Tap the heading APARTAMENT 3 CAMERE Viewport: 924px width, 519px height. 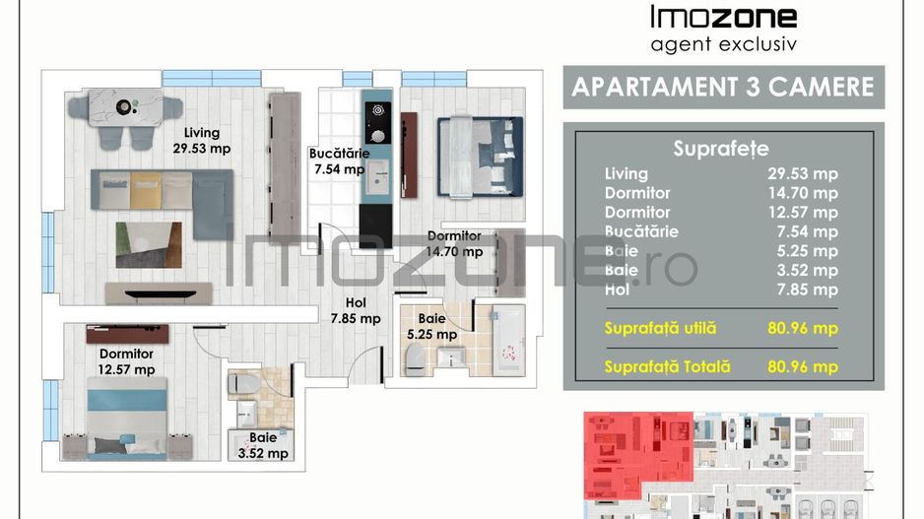pyautogui.click(x=723, y=88)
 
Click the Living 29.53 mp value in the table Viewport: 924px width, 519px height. pyautogui.click(x=803, y=173)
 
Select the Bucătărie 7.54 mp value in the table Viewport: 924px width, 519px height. pyautogui.click(x=808, y=231)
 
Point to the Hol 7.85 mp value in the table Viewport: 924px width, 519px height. pyautogui.click(x=808, y=290)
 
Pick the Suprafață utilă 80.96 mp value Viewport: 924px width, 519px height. pyautogui.click(x=803, y=328)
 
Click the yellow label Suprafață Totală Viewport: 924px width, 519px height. pyautogui.click(x=667, y=367)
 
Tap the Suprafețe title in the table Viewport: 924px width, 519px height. pyautogui.click(x=721, y=149)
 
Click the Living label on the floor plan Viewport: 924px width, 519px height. pyautogui.click(x=202, y=133)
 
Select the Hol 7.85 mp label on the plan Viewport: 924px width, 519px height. pyautogui.click(x=356, y=310)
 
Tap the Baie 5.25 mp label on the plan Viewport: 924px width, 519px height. pyautogui.click(x=431, y=326)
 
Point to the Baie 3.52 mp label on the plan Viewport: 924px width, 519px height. pyautogui.click(x=263, y=445)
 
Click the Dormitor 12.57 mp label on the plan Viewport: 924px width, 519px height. pyautogui.click(x=126, y=361)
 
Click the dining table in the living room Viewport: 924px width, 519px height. pyautogui.click(x=125, y=107)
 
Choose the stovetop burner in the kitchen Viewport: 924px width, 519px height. pyautogui.click(x=377, y=110)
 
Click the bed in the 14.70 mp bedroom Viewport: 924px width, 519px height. pyautogui.click(x=480, y=157)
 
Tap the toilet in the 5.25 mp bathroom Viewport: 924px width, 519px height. pyautogui.click(x=415, y=359)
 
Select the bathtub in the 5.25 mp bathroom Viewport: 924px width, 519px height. pyautogui.click(x=508, y=341)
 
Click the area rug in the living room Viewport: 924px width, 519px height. pyautogui.click(x=149, y=245)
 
